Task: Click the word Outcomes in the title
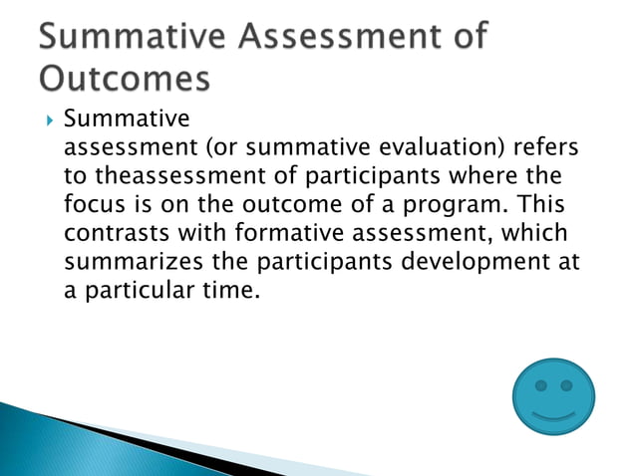[x=127, y=77]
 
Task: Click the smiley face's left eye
[x=540, y=385]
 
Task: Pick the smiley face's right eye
[x=568, y=385]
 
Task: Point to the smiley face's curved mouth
[x=553, y=411]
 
